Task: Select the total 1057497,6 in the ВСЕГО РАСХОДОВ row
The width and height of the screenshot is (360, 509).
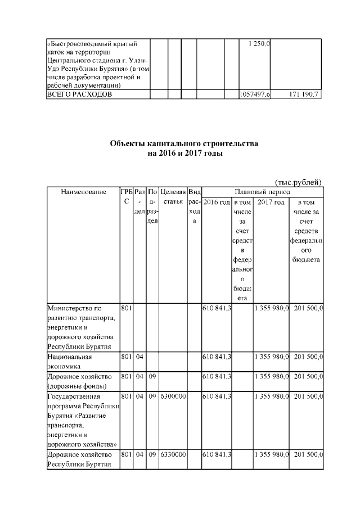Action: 254,94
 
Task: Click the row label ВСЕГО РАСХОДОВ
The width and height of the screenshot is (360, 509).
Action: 79,94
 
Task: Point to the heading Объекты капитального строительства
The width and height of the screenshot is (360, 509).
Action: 184,144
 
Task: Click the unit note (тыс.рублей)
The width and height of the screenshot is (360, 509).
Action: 298,182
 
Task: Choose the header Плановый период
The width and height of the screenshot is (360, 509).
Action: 262,192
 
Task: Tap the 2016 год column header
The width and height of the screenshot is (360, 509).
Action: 217,202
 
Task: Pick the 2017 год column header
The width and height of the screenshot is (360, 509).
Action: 271,202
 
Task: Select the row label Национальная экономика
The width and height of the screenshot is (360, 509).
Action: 70,361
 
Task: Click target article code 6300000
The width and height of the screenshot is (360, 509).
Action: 173,397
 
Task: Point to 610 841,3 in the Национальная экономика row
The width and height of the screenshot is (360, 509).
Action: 217,357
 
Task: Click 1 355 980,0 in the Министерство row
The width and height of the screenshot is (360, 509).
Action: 271,308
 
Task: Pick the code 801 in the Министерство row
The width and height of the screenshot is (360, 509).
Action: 126,308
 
